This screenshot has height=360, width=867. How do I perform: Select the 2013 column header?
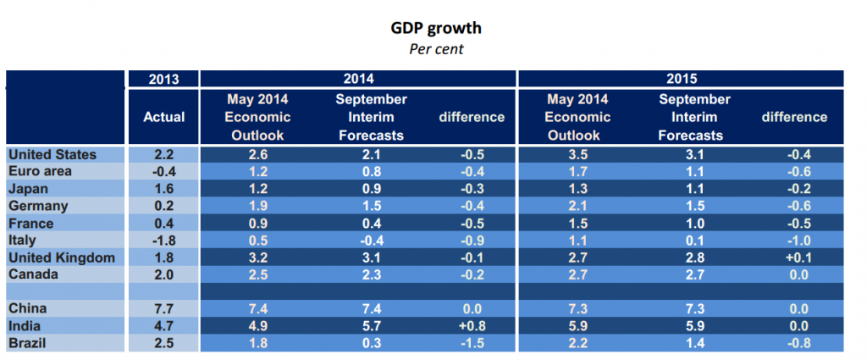pyautogui.click(x=163, y=80)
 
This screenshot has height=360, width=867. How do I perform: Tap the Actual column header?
pyautogui.click(x=164, y=117)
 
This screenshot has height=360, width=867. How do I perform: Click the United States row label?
pyautogui.click(x=52, y=154)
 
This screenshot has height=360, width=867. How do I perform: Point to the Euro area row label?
pyautogui.click(x=40, y=171)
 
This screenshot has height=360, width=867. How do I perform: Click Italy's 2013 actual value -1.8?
pyautogui.click(x=164, y=241)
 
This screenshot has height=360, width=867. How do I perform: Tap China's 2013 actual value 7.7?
pyautogui.click(x=164, y=309)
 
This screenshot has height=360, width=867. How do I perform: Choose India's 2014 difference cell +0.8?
pyautogui.click(x=472, y=326)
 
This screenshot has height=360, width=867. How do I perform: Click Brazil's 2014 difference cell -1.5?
pyautogui.click(x=472, y=343)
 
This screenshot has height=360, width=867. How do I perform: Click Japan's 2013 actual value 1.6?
pyautogui.click(x=164, y=189)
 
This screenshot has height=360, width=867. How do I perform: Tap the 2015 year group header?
pyautogui.click(x=681, y=80)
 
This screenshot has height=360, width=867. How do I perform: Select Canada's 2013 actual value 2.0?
pyautogui.click(x=164, y=274)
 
